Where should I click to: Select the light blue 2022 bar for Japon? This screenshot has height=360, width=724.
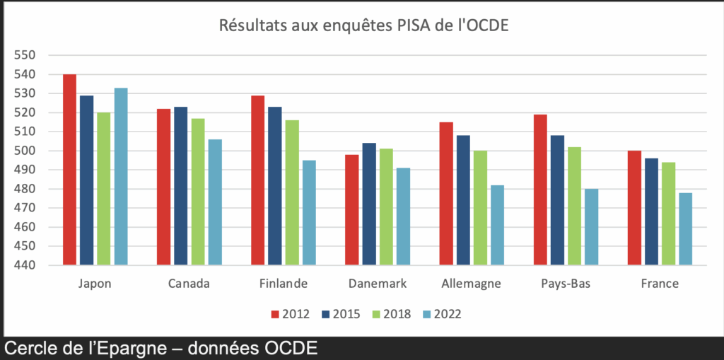tap(121, 177)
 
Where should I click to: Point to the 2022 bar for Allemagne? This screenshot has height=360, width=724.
tap(497, 226)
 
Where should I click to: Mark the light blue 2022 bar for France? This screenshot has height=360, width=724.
tap(685, 229)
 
